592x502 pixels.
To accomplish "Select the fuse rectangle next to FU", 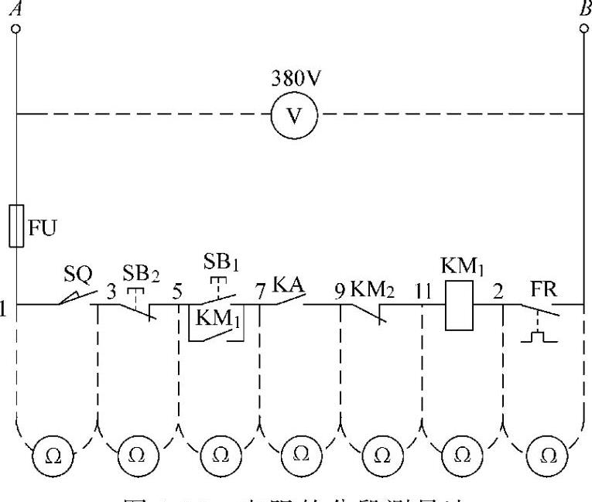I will tap(16, 226).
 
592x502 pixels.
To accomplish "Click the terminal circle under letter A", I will tap(16, 29).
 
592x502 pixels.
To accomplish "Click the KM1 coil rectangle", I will tap(460, 306).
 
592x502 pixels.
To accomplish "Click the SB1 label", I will tap(221, 261).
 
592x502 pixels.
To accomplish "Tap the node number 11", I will tap(422, 292).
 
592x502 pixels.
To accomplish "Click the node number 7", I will tap(261, 292).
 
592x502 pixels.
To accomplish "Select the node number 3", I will tap(111, 292).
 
